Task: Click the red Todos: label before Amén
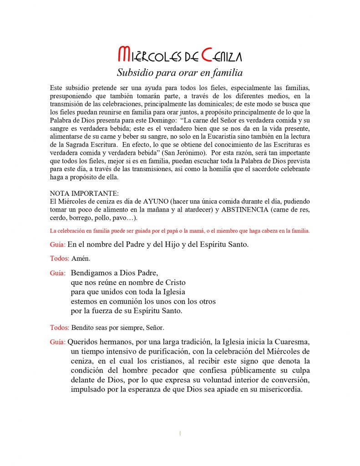tap(59, 258)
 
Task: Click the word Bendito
tap(82, 328)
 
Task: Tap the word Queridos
tap(84, 342)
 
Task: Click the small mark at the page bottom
tap(180, 433)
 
